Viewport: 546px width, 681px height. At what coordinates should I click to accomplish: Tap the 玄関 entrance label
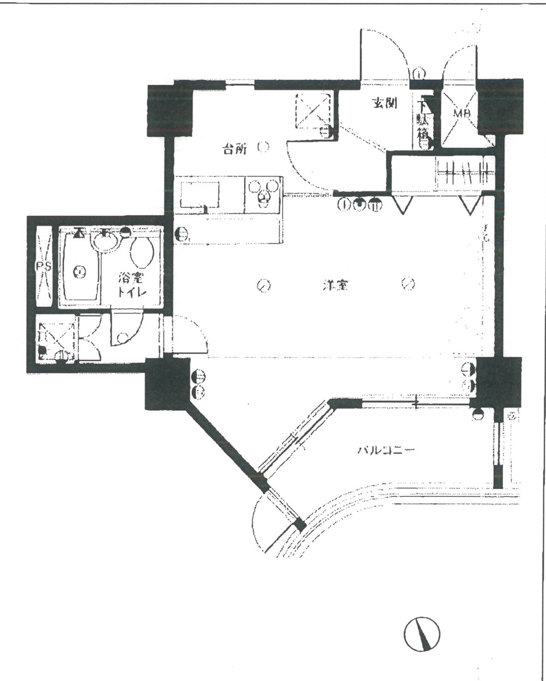[384, 103]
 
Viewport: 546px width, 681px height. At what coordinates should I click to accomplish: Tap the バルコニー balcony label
[387, 450]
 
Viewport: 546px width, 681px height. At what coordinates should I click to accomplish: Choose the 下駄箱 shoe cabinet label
[423, 123]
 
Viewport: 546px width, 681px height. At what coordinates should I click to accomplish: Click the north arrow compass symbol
[422, 634]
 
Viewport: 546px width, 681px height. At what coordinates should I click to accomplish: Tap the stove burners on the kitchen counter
[264, 193]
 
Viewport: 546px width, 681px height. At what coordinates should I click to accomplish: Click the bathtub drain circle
[80, 271]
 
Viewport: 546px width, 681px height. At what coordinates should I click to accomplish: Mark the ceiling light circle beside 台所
[262, 147]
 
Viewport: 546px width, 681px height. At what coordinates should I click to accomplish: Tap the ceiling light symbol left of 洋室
[262, 286]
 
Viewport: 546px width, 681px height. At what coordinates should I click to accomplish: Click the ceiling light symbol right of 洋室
[407, 284]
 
